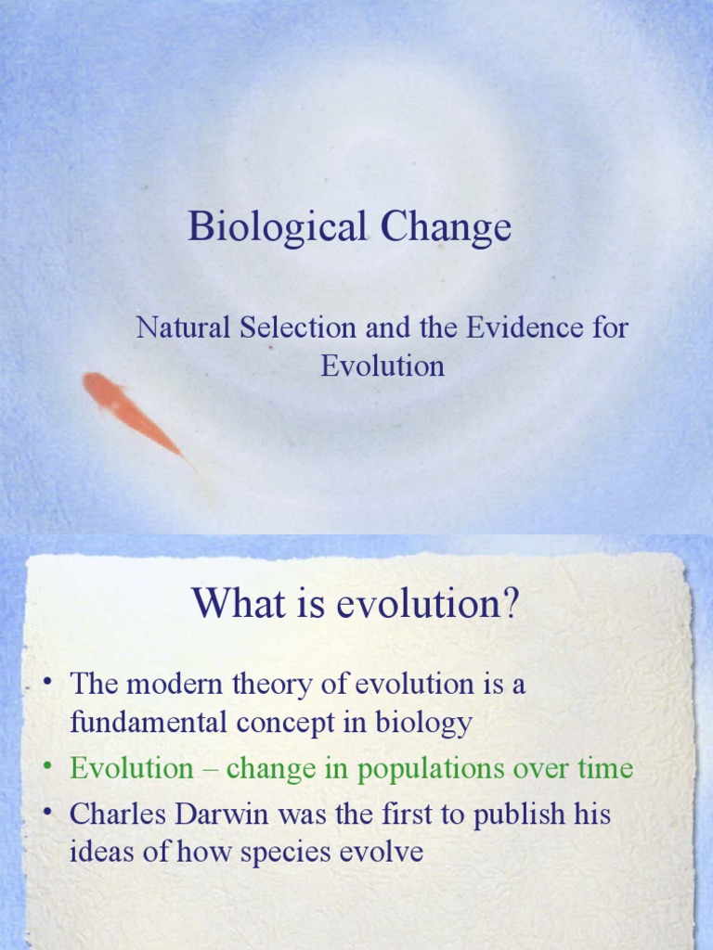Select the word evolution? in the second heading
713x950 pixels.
pos(429,605)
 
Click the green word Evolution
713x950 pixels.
pos(132,768)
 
